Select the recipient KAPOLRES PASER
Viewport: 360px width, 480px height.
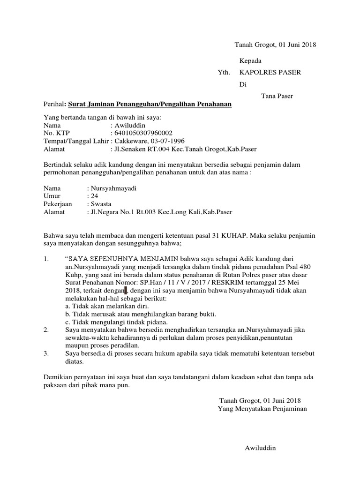(270, 72)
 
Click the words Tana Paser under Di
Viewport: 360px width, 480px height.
(277, 96)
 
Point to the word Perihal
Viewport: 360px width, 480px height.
(52, 105)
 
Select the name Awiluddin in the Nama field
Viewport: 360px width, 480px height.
(129, 125)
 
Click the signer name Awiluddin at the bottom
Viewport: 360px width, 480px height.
(261, 448)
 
